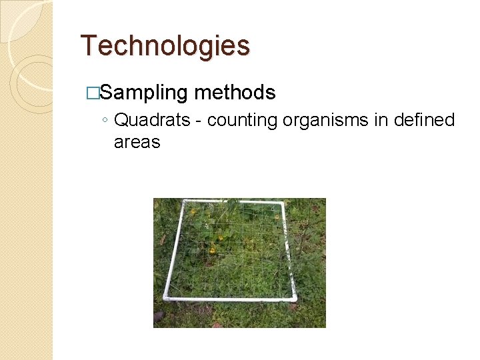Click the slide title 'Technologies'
click(x=165, y=46)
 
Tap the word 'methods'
click(x=235, y=93)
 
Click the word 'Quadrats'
click(x=157, y=120)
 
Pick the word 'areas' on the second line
click(x=137, y=141)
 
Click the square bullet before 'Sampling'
click(x=93, y=93)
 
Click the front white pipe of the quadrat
click(x=230, y=298)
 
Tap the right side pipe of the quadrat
click(x=287, y=250)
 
